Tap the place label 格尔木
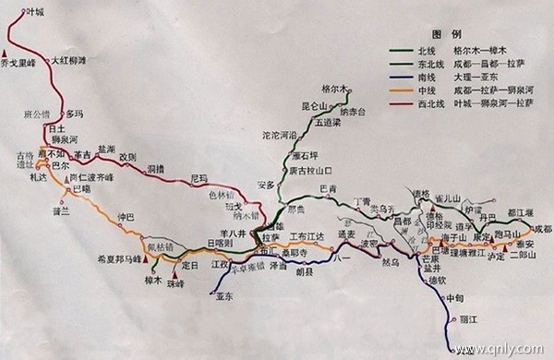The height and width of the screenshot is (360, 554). tap(331, 88)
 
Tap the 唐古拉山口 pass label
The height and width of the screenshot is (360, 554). tap(309, 172)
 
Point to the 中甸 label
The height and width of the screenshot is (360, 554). tap(454, 297)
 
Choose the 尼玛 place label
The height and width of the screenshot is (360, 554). tap(199, 177)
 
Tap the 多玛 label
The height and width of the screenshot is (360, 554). tap(75, 113)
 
